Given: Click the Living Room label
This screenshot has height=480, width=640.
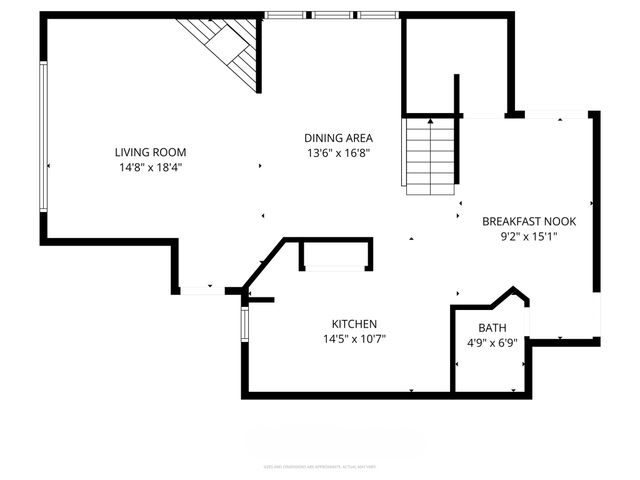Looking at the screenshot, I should tap(150, 153).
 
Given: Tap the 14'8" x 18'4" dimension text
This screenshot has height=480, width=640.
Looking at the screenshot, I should tap(150, 168).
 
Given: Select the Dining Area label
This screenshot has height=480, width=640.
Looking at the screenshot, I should tap(339, 138).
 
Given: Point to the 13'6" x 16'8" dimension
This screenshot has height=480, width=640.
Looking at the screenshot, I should tap(339, 153).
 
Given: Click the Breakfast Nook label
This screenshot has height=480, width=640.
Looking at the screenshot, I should tap(529, 221).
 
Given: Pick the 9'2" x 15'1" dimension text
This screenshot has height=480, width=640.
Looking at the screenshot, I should tap(529, 237).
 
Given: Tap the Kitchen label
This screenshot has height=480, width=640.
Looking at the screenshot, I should tap(354, 324).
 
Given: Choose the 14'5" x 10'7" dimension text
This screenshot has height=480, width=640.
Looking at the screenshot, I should tap(354, 339).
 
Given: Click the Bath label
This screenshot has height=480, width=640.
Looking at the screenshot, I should tap(492, 328).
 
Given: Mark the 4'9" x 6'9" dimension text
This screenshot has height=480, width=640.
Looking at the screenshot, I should tap(492, 344).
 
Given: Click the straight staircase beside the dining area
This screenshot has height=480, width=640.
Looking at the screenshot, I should tap(430, 155).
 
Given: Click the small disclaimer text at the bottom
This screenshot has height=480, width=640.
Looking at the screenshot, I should tap(320, 466).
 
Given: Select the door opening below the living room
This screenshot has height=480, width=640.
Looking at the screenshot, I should tap(203, 291).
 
